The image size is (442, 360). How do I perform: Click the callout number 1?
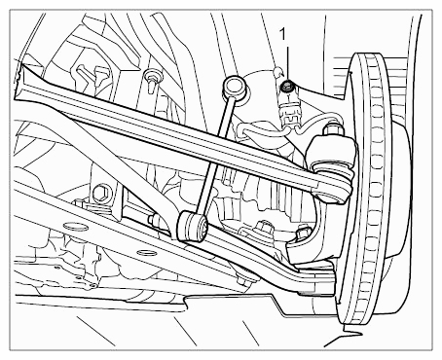click(283, 34)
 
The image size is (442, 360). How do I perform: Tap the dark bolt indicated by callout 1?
click(287, 86)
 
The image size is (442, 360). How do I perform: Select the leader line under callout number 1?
click(287, 63)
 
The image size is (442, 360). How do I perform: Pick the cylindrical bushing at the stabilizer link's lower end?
click(192, 226)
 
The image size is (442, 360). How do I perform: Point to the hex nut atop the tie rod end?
click(334, 128)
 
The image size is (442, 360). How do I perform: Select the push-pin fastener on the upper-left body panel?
click(152, 80)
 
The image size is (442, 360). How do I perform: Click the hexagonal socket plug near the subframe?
click(101, 194)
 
